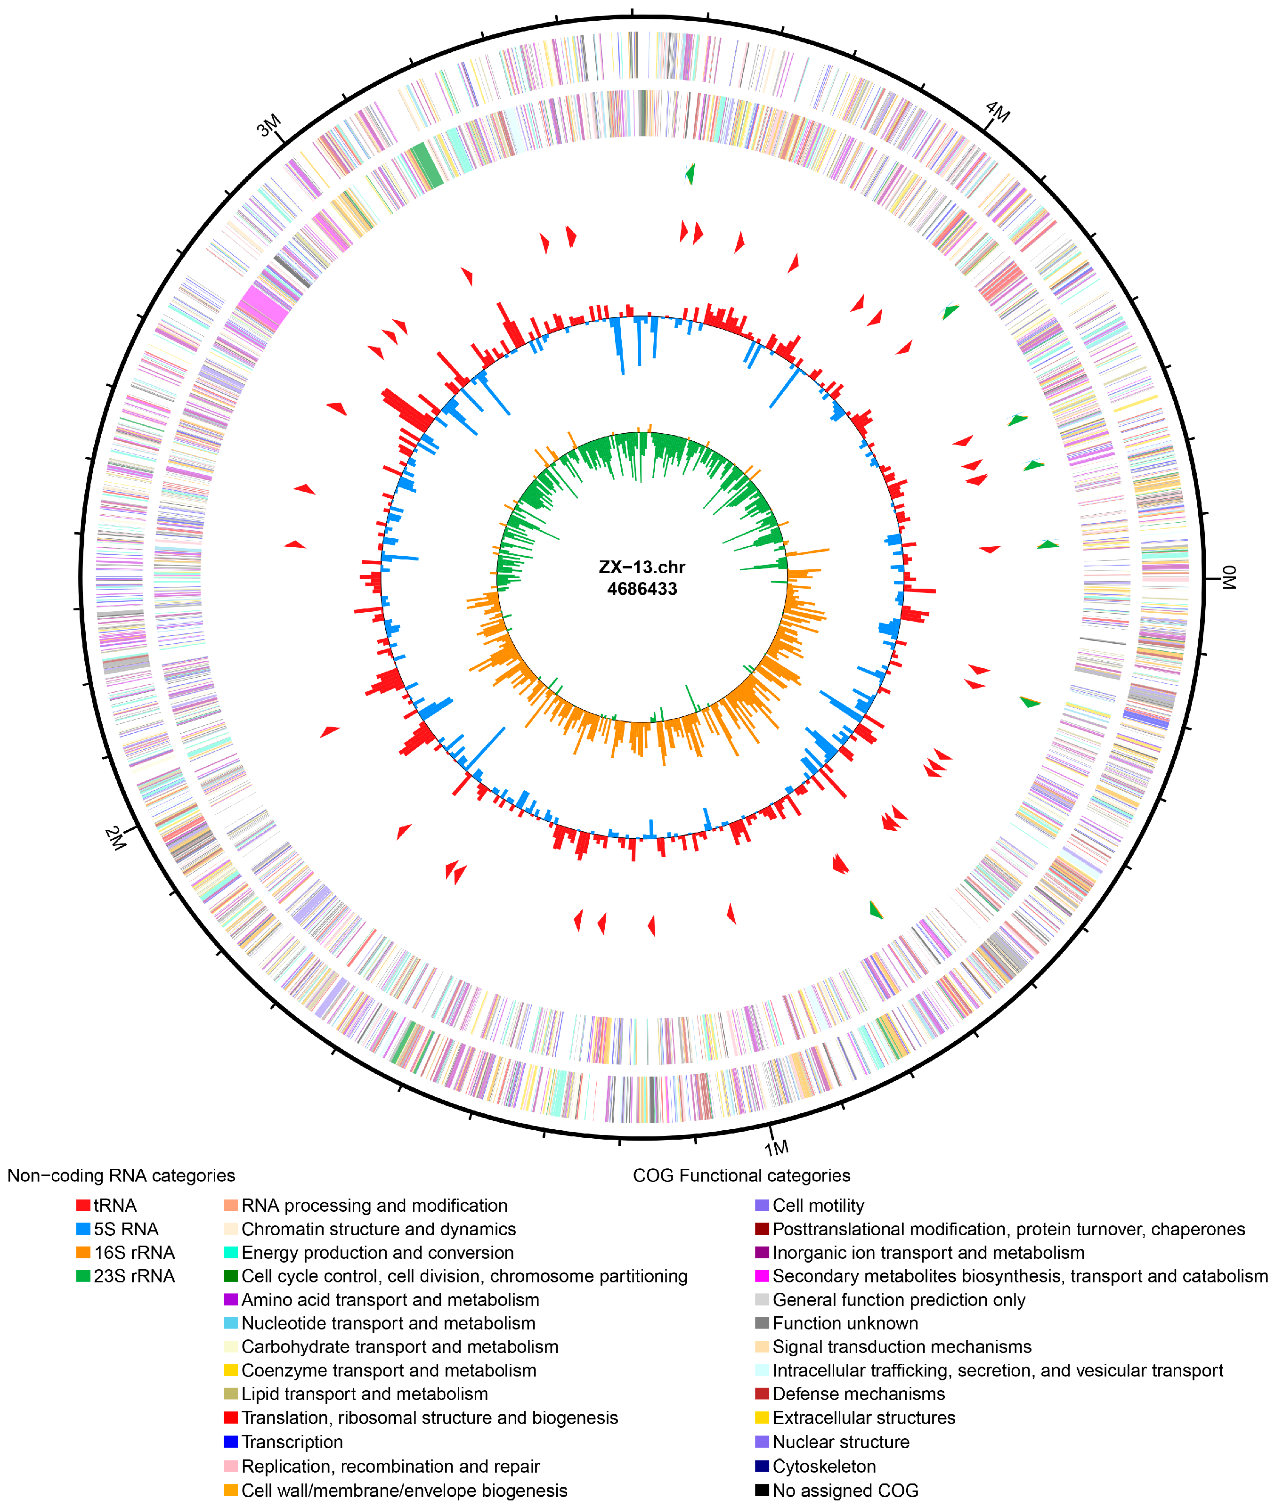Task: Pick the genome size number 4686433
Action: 642,589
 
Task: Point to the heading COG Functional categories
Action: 741,1176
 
